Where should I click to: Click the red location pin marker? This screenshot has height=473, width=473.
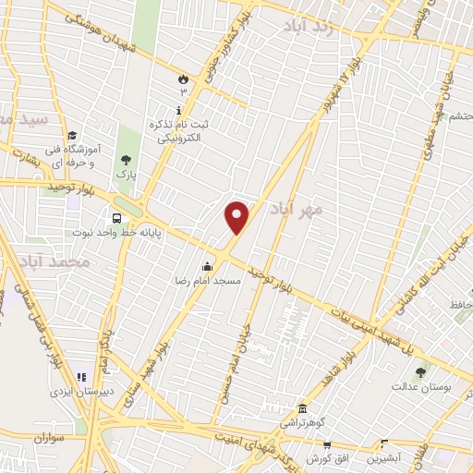point(237,218)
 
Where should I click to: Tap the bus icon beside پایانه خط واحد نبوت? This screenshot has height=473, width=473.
point(117,219)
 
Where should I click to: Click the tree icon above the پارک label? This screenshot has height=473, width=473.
point(125,160)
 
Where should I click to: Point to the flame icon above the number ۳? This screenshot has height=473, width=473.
point(183,79)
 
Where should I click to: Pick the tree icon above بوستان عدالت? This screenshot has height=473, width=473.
point(421,372)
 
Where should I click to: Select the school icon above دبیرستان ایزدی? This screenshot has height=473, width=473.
point(81,378)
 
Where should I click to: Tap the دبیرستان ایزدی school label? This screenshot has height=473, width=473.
point(80,392)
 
